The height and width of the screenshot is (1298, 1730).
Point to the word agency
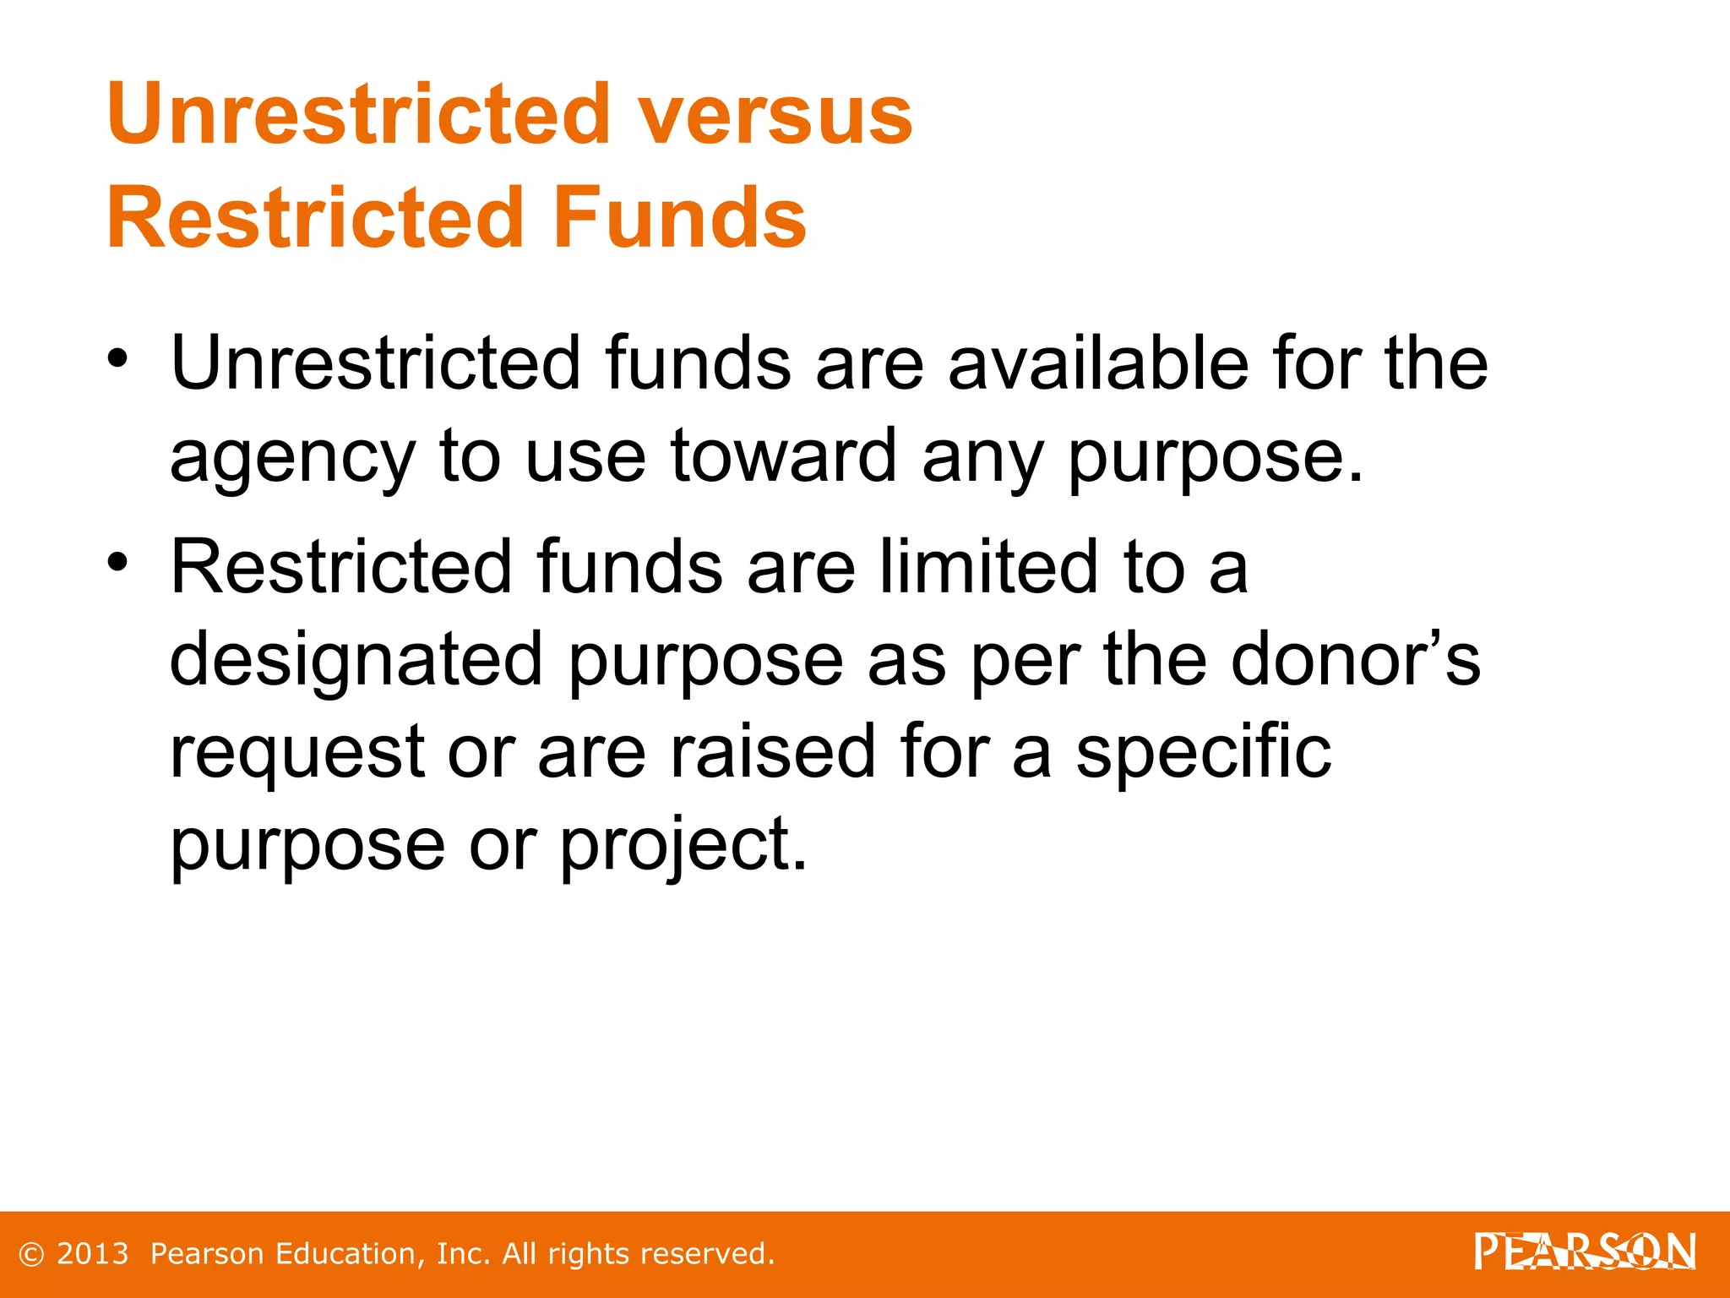[292, 458]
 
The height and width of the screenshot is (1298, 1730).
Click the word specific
[1203, 754]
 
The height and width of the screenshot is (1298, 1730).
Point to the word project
[683, 846]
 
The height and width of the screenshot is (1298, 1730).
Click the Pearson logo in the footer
[1584, 1252]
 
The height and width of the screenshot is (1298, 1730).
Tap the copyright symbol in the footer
[31, 1254]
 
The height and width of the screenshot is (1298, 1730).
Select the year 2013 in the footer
[92, 1254]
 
